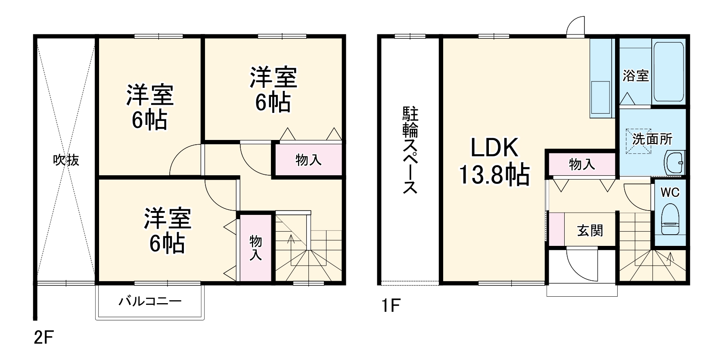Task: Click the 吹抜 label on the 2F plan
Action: (x=66, y=160)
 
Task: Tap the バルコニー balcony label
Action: (x=150, y=301)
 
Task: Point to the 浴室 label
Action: (x=636, y=76)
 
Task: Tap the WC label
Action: (x=670, y=192)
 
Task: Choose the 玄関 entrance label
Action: (x=590, y=231)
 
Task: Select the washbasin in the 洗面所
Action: (x=674, y=163)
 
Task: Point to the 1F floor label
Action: (x=390, y=306)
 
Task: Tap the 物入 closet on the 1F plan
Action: (x=582, y=164)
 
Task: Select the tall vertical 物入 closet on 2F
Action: (x=256, y=248)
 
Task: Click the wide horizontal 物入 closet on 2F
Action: (x=308, y=160)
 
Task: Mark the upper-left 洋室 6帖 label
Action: (x=149, y=107)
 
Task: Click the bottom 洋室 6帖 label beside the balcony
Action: (x=168, y=231)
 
